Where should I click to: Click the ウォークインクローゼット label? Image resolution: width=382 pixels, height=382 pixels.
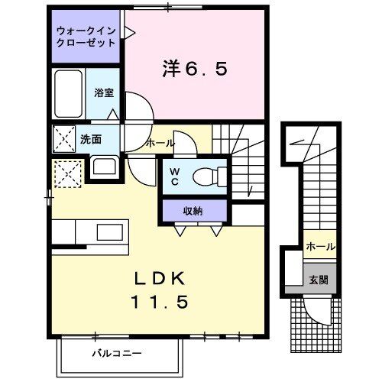point(86,37)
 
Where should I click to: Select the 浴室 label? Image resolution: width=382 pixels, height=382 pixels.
point(104,93)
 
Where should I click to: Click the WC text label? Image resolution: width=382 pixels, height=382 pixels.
point(174,176)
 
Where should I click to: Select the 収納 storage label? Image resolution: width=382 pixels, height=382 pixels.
point(193,210)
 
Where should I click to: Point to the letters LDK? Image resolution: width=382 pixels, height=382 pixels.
point(162,277)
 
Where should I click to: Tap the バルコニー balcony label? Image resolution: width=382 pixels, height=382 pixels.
point(118,354)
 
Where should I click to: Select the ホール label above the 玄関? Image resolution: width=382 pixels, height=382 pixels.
point(319,247)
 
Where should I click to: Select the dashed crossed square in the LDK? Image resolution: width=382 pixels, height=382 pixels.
point(67,174)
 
